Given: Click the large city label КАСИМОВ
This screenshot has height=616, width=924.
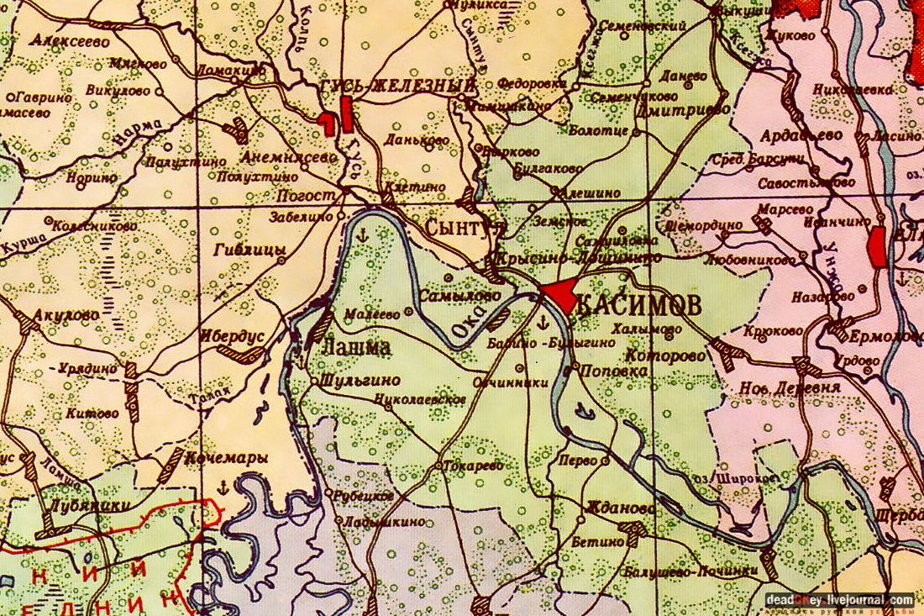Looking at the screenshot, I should tap(639, 305).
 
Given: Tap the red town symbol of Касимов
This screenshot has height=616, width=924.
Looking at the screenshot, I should tap(558, 296).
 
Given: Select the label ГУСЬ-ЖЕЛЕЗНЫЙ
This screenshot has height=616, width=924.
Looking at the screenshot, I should tap(398, 87).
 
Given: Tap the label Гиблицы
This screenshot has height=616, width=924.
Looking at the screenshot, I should tap(250, 250).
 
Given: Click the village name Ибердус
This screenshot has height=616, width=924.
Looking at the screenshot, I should tap(232, 334).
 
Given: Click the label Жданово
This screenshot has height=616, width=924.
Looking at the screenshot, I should tap(622, 509).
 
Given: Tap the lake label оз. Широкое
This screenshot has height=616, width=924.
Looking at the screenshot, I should tap(742, 477).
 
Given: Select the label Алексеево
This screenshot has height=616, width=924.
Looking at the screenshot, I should tap(72, 39).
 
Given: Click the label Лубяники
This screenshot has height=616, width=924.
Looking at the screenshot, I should tap(79, 505).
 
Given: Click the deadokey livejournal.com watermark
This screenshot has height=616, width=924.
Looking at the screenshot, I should tap(840, 600).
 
